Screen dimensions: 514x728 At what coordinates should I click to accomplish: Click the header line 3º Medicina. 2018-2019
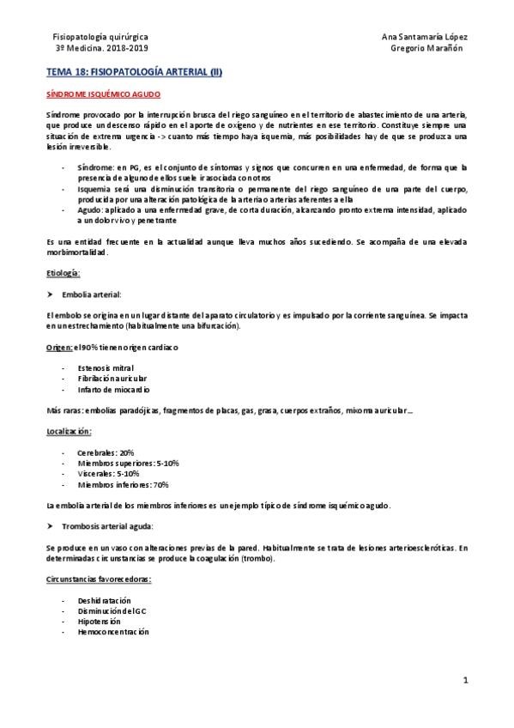(x=100, y=49)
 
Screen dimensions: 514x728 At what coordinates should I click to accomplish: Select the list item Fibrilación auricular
(x=112, y=378)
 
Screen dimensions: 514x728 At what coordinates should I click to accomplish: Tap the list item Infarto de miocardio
(x=112, y=389)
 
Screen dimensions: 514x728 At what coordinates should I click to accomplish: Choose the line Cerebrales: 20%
(x=106, y=452)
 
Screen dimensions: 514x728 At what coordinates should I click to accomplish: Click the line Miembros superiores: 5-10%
(x=128, y=463)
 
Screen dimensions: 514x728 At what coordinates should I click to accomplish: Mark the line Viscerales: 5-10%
(x=108, y=473)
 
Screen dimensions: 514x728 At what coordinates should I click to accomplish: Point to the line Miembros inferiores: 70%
(x=123, y=484)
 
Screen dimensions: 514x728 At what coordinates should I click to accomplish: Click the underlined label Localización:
(x=69, y=431)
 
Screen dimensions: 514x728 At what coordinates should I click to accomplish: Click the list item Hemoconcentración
(x=113, y=631)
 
